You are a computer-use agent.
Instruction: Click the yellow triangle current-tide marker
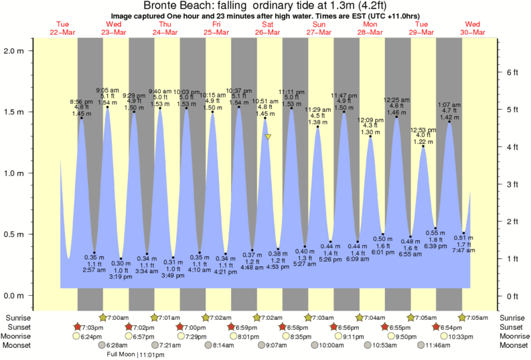(268, 137)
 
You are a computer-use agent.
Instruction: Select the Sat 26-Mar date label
(268, 28)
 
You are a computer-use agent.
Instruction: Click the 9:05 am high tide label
(107, 90)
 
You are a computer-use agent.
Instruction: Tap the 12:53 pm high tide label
(423, 129)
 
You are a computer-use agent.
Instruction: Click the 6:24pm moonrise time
(92, 336)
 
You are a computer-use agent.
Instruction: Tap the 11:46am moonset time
(435, 345)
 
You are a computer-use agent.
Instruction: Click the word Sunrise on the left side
(18, 317)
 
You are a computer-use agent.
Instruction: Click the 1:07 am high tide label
(449, 105)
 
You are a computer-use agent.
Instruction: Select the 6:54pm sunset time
(451, 327)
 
